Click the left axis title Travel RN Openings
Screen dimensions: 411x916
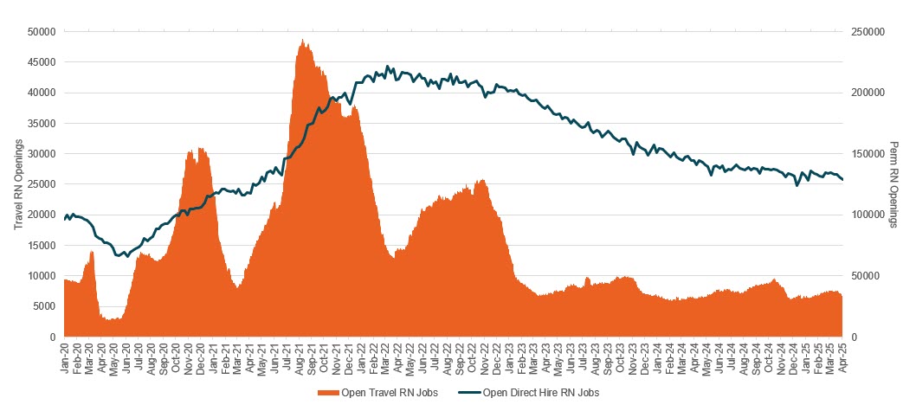pos(17,183)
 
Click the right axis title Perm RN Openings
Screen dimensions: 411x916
pos(893,183)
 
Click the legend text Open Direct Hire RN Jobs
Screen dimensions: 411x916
pos(541,392)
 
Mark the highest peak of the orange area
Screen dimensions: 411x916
pos(301,40)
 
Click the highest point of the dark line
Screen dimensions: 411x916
pos(387,67)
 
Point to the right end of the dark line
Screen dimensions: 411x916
pos(842,179)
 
